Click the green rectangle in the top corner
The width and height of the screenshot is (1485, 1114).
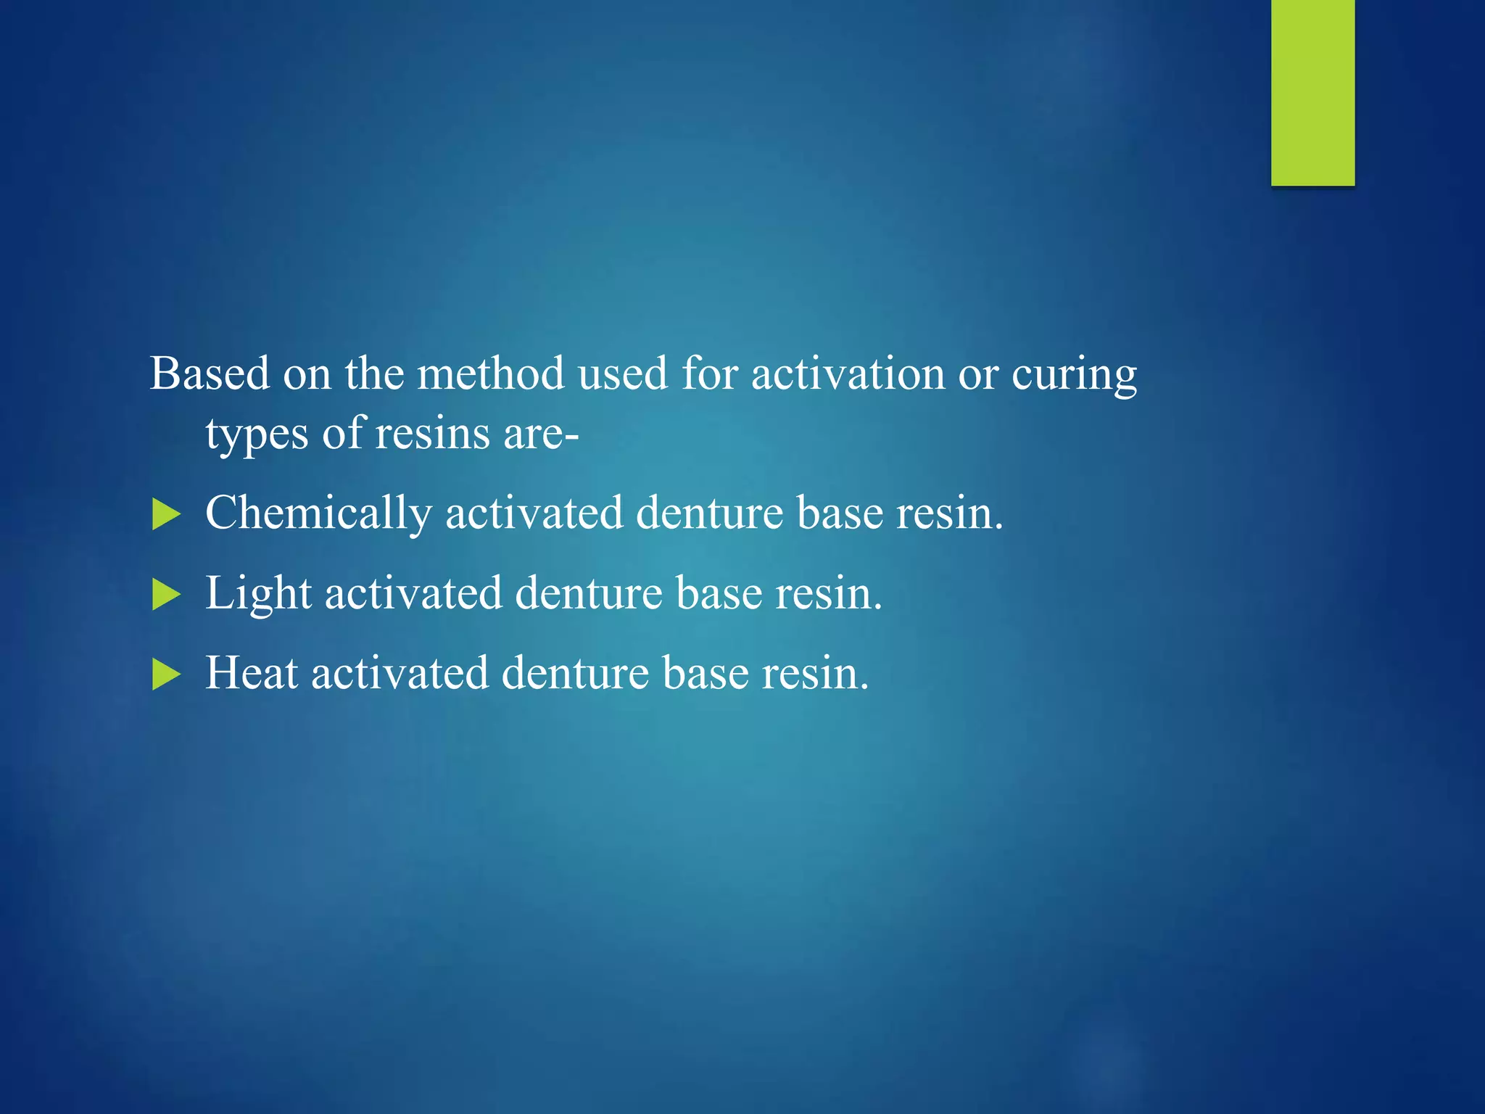(x=1312, y=92)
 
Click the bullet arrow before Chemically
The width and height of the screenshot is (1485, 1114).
(x=166, y=516)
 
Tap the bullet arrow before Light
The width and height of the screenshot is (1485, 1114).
(x=166, y=595)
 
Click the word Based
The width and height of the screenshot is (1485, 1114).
(x=210, y=374)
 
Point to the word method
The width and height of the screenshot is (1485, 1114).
(x=490, y=374)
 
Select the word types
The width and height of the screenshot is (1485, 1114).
(x=257, y=435)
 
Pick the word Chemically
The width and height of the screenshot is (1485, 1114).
(x=318, y=513)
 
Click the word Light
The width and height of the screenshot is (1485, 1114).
(x=258, y=593)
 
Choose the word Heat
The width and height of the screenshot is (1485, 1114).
(x=252, y=672)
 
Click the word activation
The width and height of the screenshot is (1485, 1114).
(x=848, y=374)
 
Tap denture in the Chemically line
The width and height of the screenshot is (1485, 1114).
(x=709, y=513)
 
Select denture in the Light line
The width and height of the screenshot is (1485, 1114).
(x=588, y=593)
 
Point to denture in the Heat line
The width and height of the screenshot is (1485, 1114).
(x=575, y=672)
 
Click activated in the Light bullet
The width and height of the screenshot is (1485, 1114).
(x=413, y=593)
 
